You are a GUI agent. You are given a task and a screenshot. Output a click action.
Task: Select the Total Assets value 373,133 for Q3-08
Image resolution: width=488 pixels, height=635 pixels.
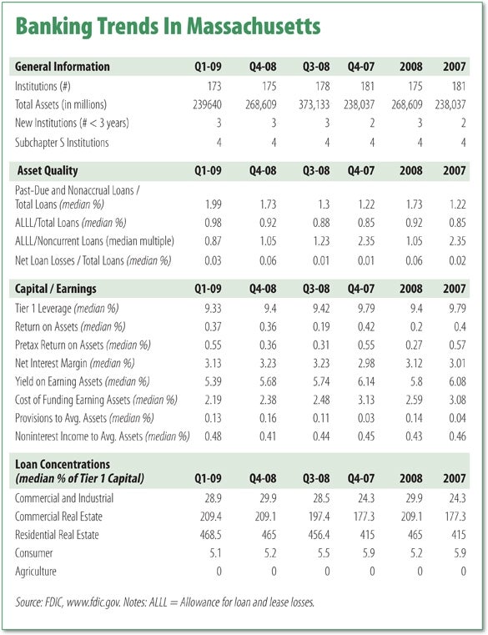[x=314, y=104]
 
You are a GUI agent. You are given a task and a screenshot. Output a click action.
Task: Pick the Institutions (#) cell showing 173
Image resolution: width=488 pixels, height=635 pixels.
[x=214, y=86]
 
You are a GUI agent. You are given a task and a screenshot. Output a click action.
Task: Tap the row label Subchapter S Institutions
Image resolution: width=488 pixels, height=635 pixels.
[x=62, y=143]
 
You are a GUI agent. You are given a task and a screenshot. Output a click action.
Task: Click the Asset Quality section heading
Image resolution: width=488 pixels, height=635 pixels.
[x=48, y=171]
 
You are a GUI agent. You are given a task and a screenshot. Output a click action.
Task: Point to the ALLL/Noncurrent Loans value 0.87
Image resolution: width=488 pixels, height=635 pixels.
[x=213, y=241]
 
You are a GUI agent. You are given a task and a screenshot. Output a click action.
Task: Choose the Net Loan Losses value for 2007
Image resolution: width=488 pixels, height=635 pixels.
[x=457, y=260]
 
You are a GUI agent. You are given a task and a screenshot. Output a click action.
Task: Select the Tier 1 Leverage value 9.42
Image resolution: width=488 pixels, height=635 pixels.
[x=321, y=309]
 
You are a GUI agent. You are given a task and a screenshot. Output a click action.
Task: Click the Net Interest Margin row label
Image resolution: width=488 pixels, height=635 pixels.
[x=74, y=363]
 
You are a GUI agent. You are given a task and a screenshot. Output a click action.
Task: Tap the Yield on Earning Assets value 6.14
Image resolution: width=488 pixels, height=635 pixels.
[x=366, y=381]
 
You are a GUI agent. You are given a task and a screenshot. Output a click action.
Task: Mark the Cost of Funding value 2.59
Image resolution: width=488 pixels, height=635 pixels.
[x=414, y=400]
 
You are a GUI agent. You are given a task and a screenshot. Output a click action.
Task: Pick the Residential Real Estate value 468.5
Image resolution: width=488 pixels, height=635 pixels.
[x=210, y=535]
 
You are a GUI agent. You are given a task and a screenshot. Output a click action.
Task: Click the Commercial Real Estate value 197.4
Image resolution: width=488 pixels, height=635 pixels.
[x=319, y=517]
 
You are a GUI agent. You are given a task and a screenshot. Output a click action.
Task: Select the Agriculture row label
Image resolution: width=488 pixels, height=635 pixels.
[x=36, y=572]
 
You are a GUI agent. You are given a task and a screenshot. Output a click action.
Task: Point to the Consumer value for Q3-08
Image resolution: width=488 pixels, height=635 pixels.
[x=324, y=552]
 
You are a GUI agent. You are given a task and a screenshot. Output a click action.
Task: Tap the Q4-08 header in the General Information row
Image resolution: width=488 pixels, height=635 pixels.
[x=263, y=67]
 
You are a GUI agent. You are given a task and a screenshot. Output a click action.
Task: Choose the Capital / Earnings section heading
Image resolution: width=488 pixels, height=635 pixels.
[x=56, y=289]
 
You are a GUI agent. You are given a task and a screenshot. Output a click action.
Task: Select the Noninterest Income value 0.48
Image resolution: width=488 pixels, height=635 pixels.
[x=213, y=436]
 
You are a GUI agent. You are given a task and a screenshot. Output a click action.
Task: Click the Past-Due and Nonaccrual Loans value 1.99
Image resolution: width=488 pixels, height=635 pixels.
[x=214, y=204]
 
